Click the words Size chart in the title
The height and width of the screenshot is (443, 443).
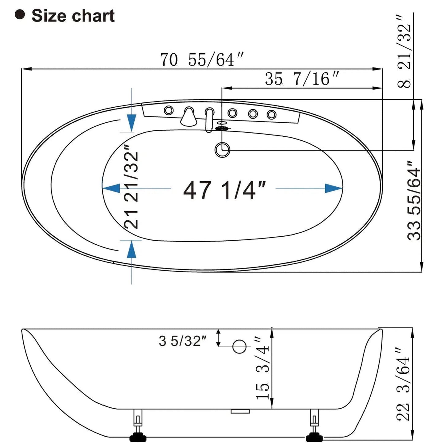click(73, 16)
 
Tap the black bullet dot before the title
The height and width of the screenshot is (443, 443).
click(20, 15)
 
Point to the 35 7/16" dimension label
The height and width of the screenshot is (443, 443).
click(302, 79)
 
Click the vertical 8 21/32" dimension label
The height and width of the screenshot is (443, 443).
click(404, 52)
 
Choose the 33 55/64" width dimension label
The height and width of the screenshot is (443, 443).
click(414, 200)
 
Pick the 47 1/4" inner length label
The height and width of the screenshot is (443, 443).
click(224, 190)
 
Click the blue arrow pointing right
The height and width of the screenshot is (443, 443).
click(333, 188)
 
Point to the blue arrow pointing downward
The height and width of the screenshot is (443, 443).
click(132, 123)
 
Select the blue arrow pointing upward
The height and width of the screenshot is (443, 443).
click(132, 249)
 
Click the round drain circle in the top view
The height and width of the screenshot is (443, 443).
click(222, 150)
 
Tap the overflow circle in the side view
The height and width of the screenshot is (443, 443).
click(239, 346)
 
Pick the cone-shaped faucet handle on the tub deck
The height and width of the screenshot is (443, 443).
click(189, 118)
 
